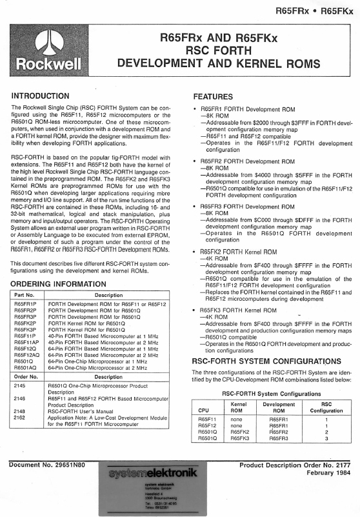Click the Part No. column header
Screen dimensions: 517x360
[25, 297]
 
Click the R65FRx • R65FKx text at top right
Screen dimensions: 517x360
[314, 10]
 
